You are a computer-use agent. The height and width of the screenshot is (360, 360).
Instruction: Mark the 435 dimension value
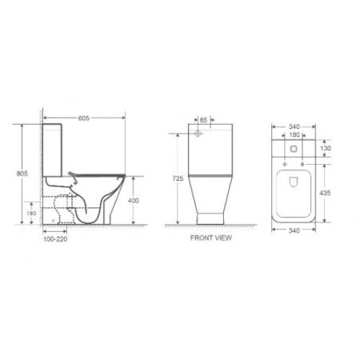pyautogui.click(x=326, y=194)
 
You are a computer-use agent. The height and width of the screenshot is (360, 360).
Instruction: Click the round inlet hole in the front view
pyautogui.click(x=197, y=134)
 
